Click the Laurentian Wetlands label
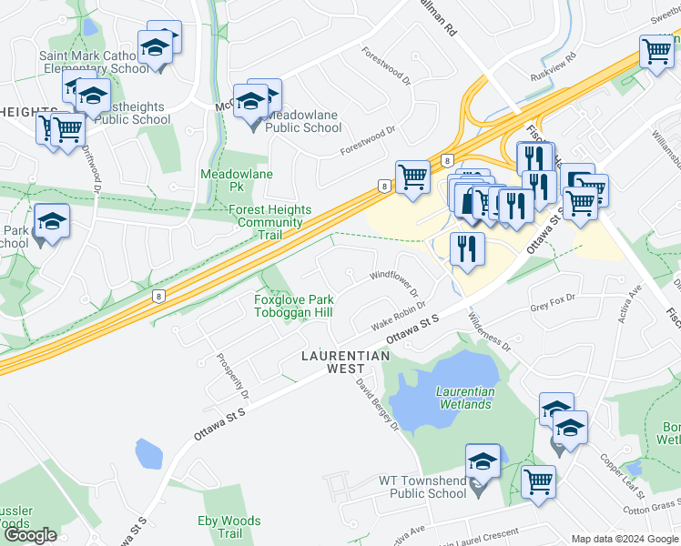click(465, 398)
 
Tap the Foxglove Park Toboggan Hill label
click(294, 306)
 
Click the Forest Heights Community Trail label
click(269, 222)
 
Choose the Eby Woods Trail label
click(229, 527)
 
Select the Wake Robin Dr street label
click(399, 320)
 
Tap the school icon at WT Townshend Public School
click(483, 460)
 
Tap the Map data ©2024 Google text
click(625, 539)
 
